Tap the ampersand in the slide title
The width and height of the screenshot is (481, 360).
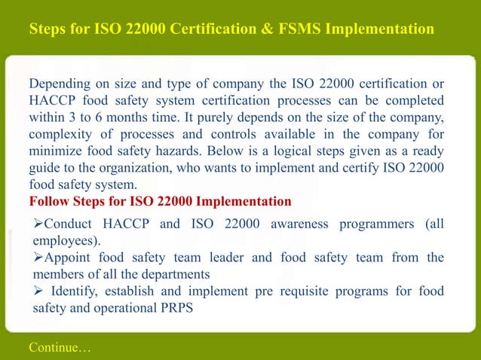pyautogui.click(x=253, y=29)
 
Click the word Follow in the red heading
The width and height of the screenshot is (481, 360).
pyautogui.click(x=49, y=202)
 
